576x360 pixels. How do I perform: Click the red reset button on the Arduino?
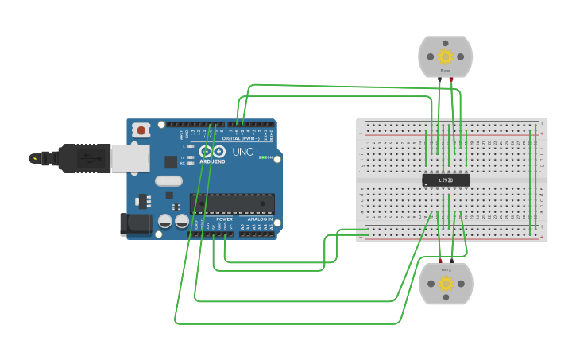(141, 130)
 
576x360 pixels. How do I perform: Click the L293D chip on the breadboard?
(446, 180)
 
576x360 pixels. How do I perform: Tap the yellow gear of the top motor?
(446, 56)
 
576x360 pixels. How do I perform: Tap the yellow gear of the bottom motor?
(446, 284)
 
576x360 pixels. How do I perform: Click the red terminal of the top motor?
(451, 79)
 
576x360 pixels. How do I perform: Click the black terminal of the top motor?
(439, 79)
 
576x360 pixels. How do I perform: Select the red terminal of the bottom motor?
(440, 260)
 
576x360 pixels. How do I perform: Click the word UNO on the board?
(242, 151)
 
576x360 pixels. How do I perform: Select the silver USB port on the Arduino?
(129, 158)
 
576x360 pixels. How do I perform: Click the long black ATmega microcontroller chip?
(232, 203)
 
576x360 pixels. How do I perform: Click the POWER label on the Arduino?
(224, 219)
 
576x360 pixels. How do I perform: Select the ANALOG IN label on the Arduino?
(259, 219)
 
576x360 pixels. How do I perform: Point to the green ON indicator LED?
(262, 157)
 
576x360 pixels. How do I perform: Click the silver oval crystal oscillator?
(169, 181)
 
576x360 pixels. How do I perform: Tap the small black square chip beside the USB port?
(171, 161)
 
